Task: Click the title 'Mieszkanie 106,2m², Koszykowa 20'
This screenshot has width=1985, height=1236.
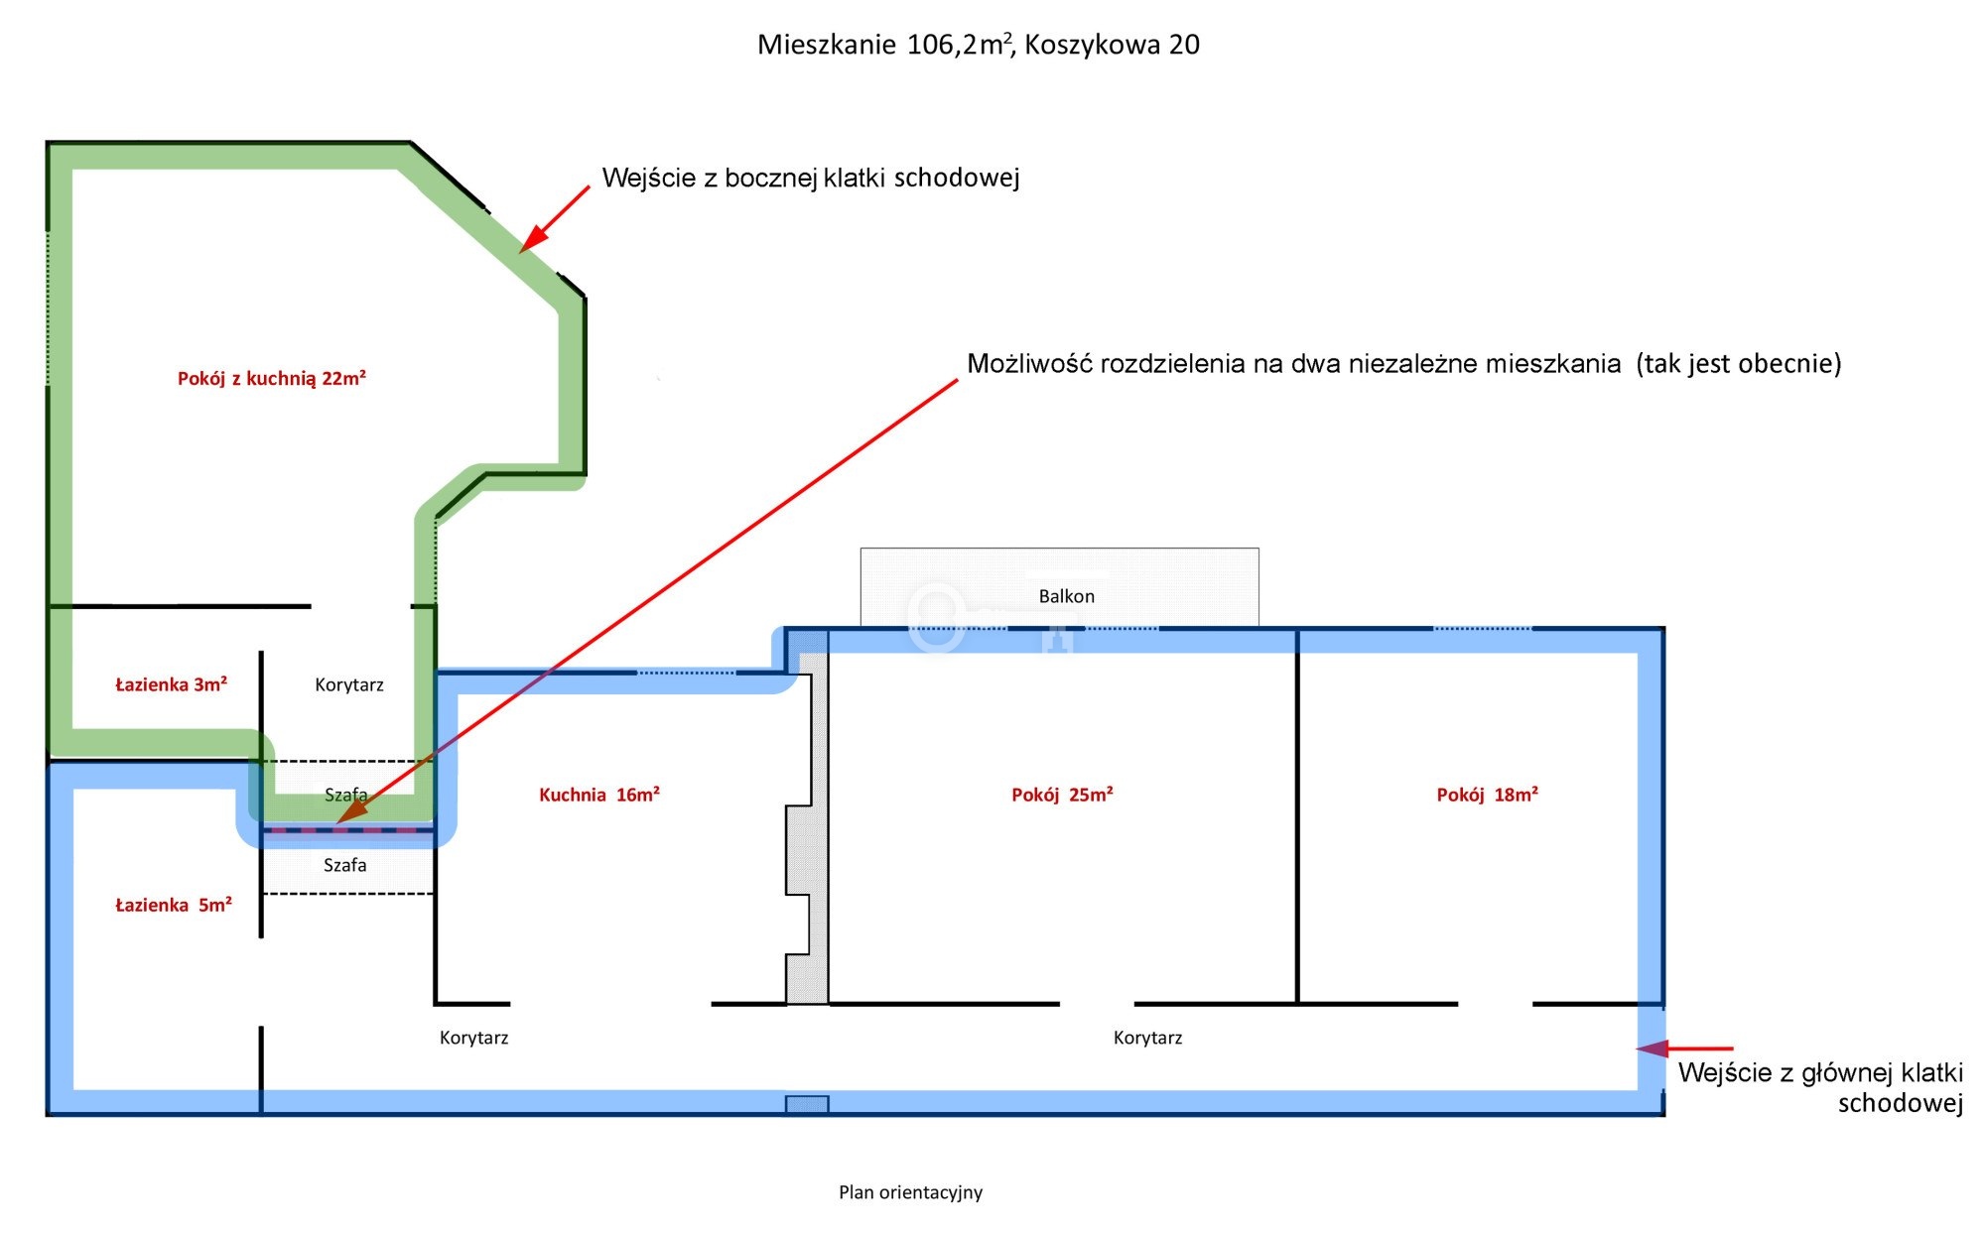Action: (x=978, y=45)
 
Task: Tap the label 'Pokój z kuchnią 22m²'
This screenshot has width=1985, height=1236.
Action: (x=271, y=378)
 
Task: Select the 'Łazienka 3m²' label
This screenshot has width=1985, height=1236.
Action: (x=171, y=684)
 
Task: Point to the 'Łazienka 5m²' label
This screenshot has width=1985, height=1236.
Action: (x=173, y=905)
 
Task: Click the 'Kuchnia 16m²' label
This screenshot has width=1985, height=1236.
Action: (x=598, y=795)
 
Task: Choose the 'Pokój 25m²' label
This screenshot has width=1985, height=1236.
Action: (x=1061, y=795)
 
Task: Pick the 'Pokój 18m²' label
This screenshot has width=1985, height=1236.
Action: (x=1487, y=795)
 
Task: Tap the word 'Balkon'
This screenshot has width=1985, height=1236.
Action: (x=1066, y=596)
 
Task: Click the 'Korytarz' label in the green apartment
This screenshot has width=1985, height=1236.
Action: (x=348, y=684)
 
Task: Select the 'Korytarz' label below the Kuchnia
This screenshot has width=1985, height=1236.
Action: (x=473, y=1038)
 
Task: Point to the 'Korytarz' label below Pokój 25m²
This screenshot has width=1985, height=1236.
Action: (x=1147, y=1038)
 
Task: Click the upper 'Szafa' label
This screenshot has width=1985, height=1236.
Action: (x=345, y=795)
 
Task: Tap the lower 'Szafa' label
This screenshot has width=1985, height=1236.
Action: (x=344, y=865)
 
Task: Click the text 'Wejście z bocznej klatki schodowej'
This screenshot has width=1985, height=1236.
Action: (x=810, y=178)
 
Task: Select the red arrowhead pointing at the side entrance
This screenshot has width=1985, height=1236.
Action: (x=533, y=239)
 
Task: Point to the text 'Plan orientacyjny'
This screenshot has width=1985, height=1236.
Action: (x=910, y=1192)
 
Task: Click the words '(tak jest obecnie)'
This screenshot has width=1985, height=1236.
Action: (x=1738, y=363)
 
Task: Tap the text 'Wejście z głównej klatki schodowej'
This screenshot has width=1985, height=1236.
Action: (x=1819, y=1087)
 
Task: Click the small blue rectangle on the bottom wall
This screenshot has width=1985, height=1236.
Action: (x=806, y=1104)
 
